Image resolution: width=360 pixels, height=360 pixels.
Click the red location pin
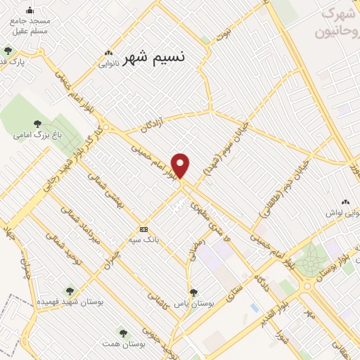[x=181, y=165]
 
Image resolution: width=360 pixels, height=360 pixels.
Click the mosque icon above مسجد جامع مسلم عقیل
[x=30, y=10]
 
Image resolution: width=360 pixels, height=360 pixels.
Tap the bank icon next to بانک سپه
[x=144, y=229]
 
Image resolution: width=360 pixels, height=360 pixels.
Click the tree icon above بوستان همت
[x=124, y=333]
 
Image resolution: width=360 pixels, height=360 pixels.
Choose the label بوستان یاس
[x=193, y=304]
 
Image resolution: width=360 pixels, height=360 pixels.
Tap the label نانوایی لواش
[x=342, y=212]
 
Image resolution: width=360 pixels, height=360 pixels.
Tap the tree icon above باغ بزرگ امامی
[x=37, y=123]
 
